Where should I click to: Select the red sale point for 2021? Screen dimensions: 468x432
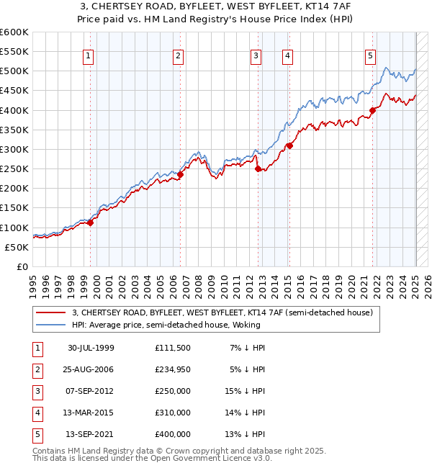click(373, 110)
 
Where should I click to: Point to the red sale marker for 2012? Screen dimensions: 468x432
click(258, 168)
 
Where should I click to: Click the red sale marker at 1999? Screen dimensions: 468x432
click(91, 223)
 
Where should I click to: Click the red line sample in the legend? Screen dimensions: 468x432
click(50, 312)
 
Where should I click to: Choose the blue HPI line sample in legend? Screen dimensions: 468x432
click(50, 325)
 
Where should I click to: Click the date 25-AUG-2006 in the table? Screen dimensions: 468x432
click(91, 369)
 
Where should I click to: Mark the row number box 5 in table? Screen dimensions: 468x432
click(37, 434)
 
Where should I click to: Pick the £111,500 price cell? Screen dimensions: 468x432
click(173, 348)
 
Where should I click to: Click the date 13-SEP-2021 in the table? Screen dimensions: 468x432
click(91, 434)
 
